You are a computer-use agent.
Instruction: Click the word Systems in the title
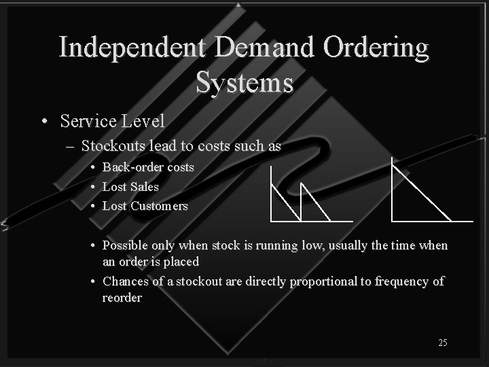tap(244, 83)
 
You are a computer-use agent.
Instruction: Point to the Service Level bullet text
tap(112, 121)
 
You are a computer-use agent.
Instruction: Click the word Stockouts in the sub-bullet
tap(112, 145)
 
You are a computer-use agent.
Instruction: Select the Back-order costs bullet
tap(148, 167)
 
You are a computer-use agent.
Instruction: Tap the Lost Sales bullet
tap(130, 186)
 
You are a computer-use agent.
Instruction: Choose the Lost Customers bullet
tap(145, 206)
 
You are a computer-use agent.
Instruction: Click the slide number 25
tap(442, 343)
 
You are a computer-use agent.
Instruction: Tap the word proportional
tap(323, 281)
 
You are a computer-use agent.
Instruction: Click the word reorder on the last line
tap(122, 298)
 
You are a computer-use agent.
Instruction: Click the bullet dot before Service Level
tap(44, 122)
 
